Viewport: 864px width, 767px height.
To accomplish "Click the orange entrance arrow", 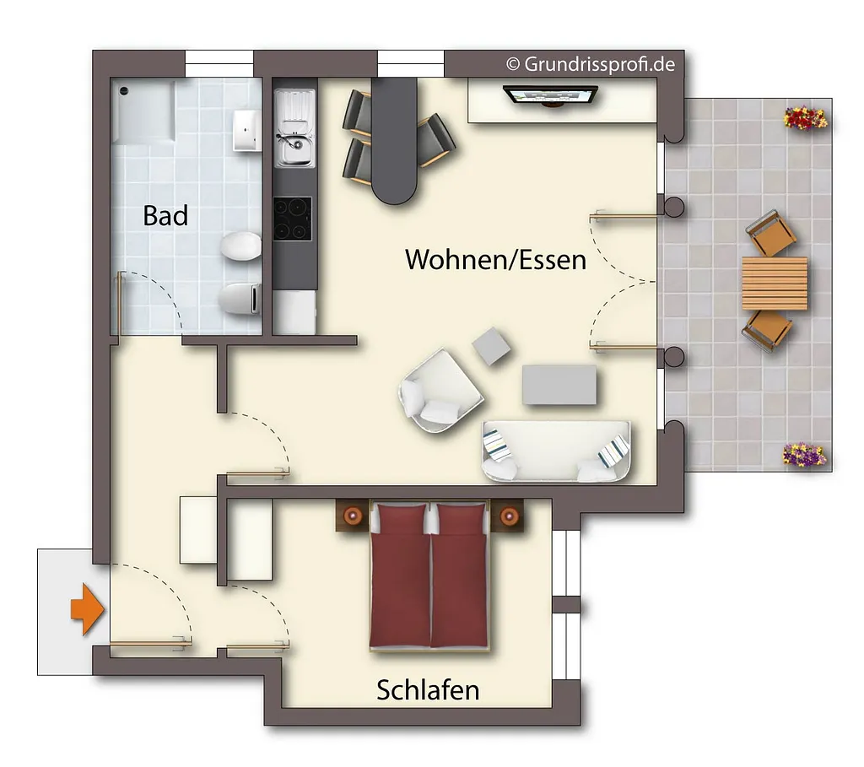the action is point(87,610).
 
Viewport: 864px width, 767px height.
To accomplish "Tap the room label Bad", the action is point(165,215).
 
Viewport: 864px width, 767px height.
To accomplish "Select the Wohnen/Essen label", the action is point(495,260).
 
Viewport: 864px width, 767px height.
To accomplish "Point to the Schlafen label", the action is point(428,690).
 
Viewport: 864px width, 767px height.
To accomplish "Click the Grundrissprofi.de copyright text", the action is point(591,64).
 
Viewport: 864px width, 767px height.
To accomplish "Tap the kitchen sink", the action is point(295,128).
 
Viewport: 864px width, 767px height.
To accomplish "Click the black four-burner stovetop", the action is point(293,219).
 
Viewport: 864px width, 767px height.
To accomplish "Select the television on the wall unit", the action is point(550,95).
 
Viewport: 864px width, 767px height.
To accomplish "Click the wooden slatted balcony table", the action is point(775,284).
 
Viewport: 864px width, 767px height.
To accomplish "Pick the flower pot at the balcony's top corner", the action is point(806,118).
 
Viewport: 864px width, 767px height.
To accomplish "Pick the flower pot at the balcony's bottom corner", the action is point(805,456).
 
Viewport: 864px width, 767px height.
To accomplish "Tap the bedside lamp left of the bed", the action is point(353,516).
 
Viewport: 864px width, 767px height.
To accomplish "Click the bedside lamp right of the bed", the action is point(509,516).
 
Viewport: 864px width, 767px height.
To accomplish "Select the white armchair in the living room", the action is point(440,390).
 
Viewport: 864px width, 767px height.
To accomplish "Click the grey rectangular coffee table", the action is point(559,385).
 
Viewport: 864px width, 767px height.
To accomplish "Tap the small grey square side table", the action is point(491,346).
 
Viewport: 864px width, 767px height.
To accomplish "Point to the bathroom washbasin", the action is point(246,131).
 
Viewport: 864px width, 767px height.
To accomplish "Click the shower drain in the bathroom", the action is point(125,90).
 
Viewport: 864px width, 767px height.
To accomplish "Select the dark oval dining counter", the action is point(393,141).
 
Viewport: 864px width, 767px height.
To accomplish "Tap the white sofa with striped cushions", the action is point(556,451).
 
